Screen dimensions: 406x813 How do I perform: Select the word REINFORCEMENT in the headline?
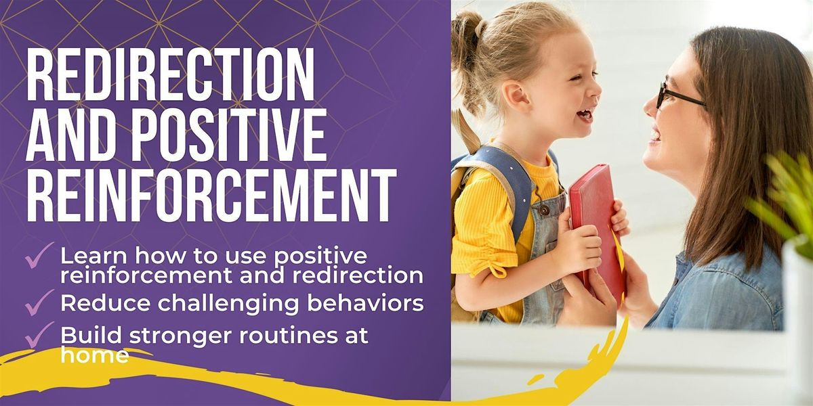click(211, 192)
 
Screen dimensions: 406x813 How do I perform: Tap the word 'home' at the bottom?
click(94, 355)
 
